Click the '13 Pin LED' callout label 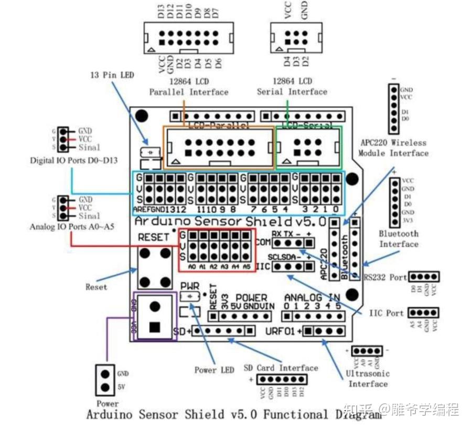[x=112, y=75]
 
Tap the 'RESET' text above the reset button [x=153, y=237]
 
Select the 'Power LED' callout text [x=214, y=370]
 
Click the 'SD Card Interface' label [x=281, y=368]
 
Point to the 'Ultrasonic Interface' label [x=368, y=379]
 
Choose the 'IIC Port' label [x=387, y=313]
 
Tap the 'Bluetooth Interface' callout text [x=399, y=238]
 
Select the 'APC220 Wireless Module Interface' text [x=393, y=148]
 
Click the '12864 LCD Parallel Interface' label [x=189, y=87]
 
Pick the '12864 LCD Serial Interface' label [x=292, y=87]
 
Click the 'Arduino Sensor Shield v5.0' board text [x=228, y=220]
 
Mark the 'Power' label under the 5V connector [x=107, y=404]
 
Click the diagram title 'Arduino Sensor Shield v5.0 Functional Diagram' [x=233, y=414]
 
